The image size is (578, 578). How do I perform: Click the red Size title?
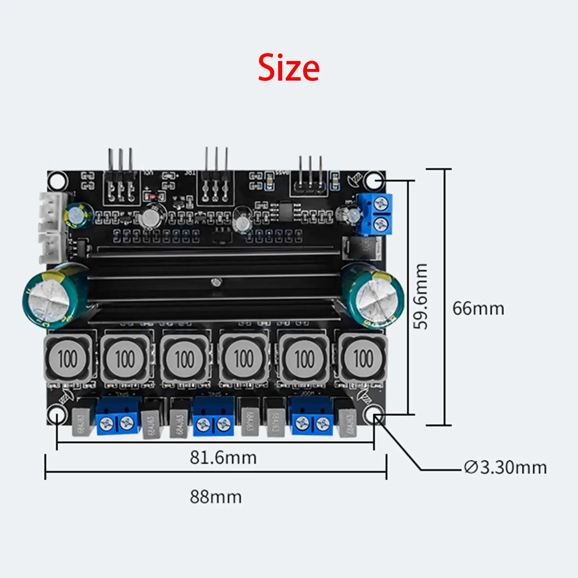[x=289, y=68]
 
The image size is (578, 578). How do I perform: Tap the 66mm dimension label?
[x=478, y=309]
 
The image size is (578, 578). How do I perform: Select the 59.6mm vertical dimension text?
[x=421, y=296]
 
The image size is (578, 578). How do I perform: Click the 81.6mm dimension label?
[x=223, y=458]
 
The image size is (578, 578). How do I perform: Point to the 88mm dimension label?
[x=216, y=497]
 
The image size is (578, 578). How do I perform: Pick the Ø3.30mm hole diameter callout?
[x=505, y=468]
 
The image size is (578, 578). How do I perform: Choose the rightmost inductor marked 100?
[x=362, y=359]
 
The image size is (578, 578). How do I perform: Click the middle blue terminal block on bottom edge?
[x=214, y=415]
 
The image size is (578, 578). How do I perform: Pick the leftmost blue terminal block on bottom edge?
[x=118, y=415]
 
